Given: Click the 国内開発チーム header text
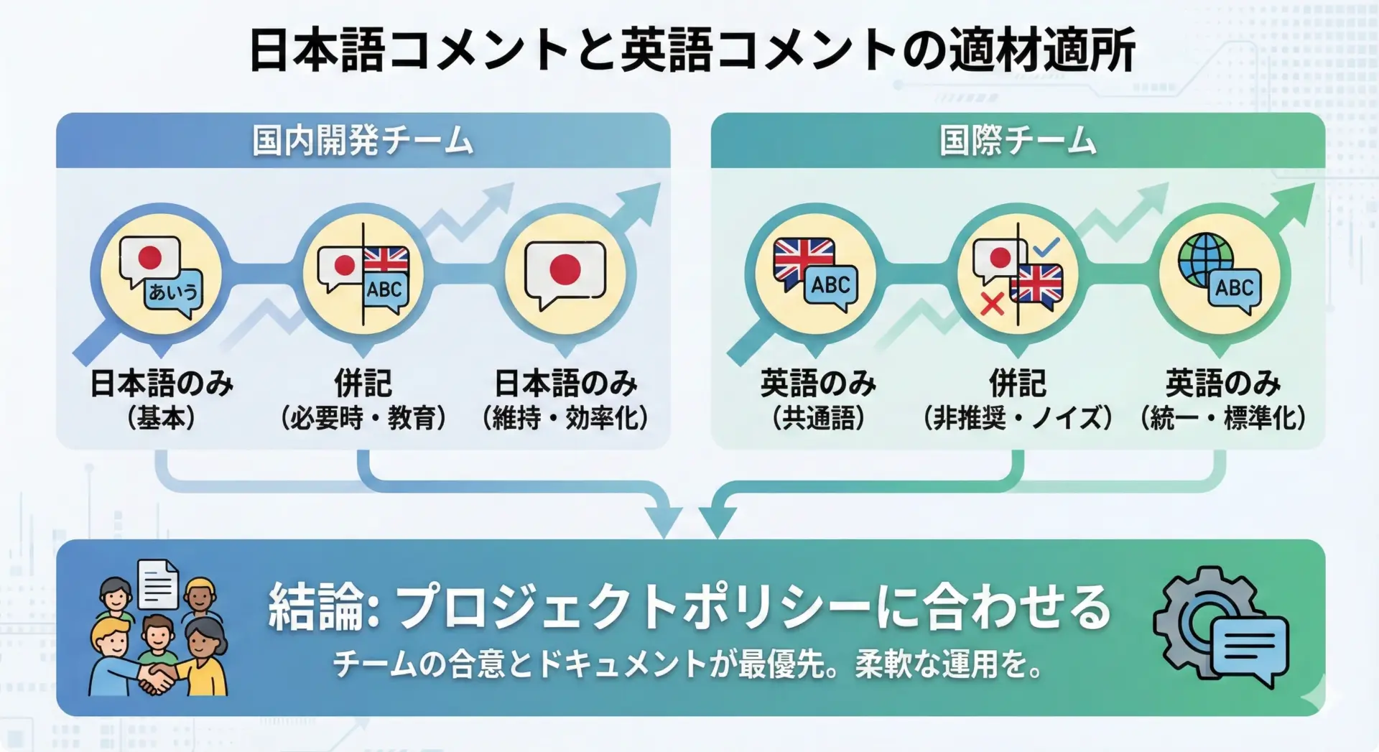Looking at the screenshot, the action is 363,140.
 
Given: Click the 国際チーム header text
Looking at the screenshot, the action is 1018,140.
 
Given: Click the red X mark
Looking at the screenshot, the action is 992,305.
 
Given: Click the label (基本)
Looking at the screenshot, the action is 161,417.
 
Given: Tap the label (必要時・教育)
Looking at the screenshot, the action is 363,417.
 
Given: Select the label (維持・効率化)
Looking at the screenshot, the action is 566,417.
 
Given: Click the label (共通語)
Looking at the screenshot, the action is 818,417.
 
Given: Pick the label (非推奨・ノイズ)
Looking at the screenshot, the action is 1018,417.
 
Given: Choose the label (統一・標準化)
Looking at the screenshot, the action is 1223,417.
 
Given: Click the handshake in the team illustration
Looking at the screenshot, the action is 157,677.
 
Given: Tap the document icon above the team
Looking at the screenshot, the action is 158,583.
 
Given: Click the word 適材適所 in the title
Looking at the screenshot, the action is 1041,50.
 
